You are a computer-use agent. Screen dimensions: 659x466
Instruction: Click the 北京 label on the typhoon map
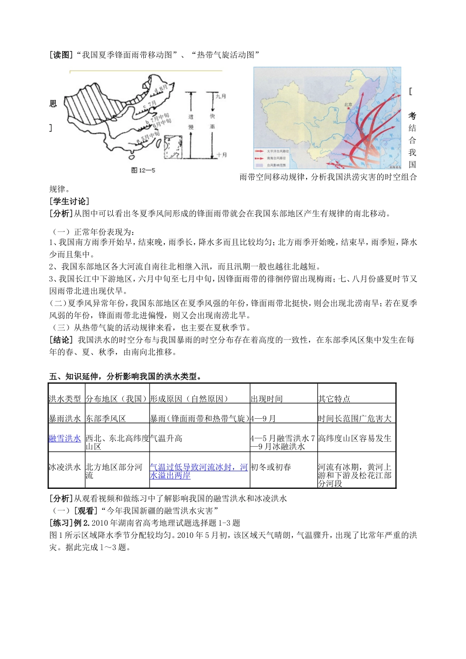point(348,104)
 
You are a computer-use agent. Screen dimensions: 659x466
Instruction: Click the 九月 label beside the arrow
point(221,96)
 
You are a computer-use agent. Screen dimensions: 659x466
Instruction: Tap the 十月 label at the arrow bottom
point(222,155)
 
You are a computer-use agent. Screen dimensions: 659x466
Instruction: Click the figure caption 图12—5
point(143,170)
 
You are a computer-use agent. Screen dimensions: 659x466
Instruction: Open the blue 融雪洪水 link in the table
point(65,438)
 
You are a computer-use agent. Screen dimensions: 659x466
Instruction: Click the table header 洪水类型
point(65,399)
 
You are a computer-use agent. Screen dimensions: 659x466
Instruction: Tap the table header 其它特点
point(334,399)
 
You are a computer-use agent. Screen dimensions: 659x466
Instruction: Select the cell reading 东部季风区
point(106,418)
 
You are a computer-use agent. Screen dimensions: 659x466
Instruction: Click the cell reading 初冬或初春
point(271,467)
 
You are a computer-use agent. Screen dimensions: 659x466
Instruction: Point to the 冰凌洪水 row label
point(65,467)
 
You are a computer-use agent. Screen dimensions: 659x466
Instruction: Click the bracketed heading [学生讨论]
point(69,201)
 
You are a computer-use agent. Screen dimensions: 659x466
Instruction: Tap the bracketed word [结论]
point(61,340)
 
